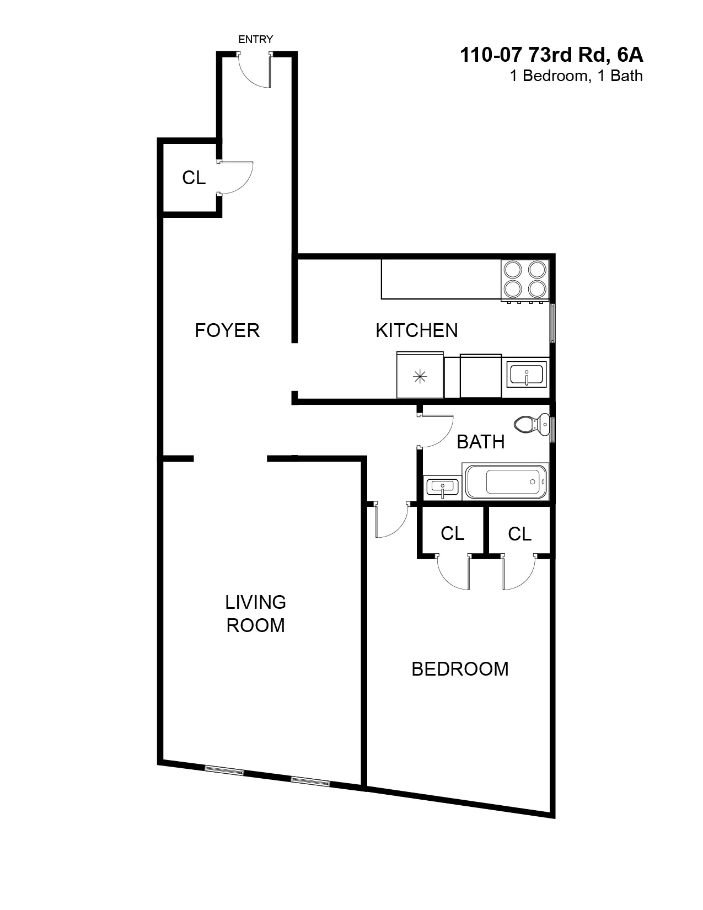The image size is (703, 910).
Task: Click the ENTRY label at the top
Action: click(x=255, y=39)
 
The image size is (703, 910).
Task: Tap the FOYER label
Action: click(x=227, y=330)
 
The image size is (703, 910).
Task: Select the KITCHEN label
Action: click(x=416, y=330)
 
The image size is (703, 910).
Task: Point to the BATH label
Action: click(x=481, y=442)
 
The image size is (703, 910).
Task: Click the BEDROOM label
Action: click(x=460, y=669)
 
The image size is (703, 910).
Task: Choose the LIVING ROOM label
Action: click(x=256, y=613)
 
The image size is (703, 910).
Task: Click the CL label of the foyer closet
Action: click(x=194, y=178)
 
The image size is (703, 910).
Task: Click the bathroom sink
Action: click(x=442, y=488)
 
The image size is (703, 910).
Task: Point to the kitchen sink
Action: click(x=527, y=374)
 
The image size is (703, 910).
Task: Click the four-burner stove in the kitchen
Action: click(x=524, y=279)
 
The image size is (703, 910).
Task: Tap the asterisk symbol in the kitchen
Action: click(x=420, y=377)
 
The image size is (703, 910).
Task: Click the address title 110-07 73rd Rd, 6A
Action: click(x=551, y=55)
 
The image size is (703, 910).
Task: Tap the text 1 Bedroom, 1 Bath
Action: click(x=576, y=76)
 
